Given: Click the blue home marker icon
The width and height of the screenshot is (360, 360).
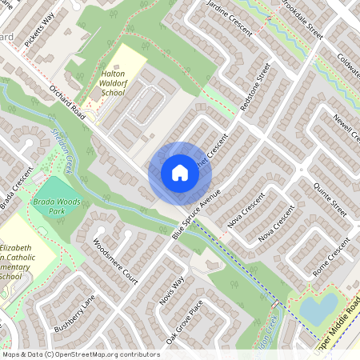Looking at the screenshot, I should pyautogui.click(x=179, y=173).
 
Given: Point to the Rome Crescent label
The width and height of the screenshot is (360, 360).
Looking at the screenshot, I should pyautogui.click(x=332, y=257).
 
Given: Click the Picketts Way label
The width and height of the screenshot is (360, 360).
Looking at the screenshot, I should pyautogui.click(x=38, y=31).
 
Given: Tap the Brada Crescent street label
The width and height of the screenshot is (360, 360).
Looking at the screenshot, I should pyautogui.click(x=15, y=188).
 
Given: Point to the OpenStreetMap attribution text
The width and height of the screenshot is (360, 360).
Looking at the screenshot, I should pyautogui.click(x=80, y=354).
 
